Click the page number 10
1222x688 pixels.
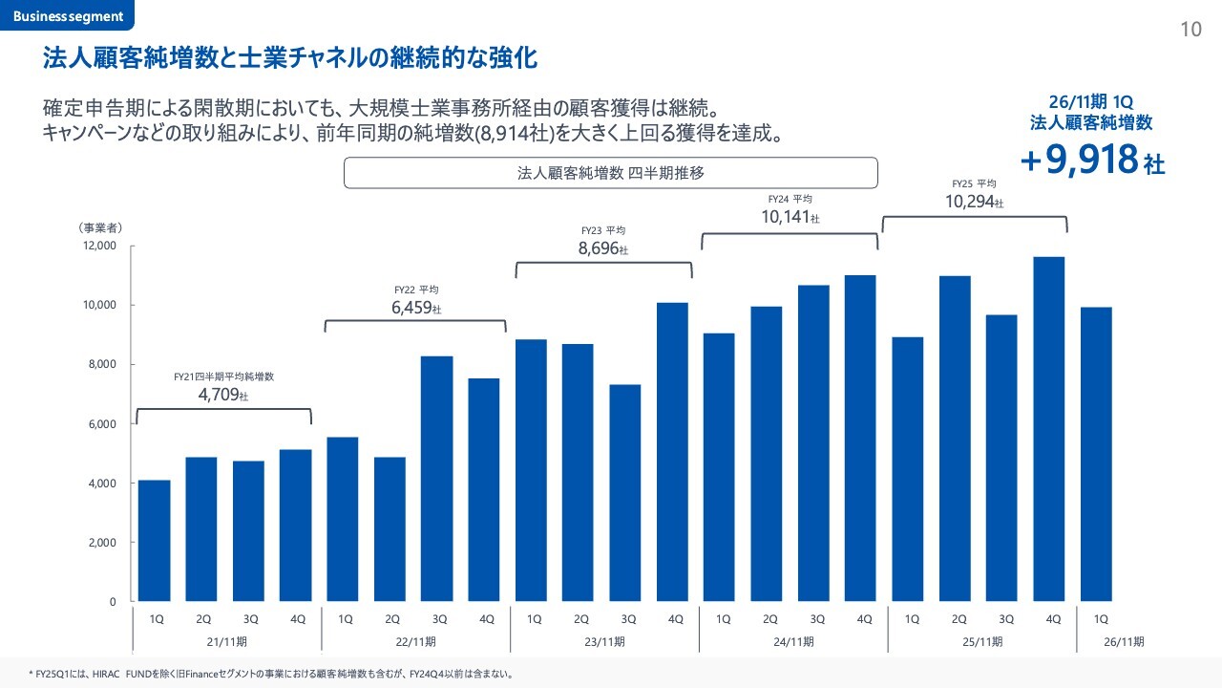click(x=1190, y=30)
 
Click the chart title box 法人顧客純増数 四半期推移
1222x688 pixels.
click(x=610, y=173)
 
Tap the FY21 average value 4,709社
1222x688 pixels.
click(x=222, y=395)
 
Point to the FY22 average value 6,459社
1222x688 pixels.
click(x=416, y=309)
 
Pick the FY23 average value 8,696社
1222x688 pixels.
click(x=603, y=248)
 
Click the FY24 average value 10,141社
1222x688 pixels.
click(x=790, y=217)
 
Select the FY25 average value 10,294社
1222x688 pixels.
click(x=974, y=202)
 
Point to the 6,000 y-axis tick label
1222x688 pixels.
click(x=99, y=423)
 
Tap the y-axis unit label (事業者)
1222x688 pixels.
click(x=100, y=227)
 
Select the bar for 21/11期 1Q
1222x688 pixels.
click(x=155, y=541)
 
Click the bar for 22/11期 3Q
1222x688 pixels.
click(x=437, y=479)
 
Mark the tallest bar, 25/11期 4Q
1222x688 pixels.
click(x=1049, y=429)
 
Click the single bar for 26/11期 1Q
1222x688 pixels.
click(x=1096, y=454)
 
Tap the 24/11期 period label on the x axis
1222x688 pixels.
click(x=793, y=640)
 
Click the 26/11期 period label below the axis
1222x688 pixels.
click(x=1125, y=640)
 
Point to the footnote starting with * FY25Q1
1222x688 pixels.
click(x=271, y=674)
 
